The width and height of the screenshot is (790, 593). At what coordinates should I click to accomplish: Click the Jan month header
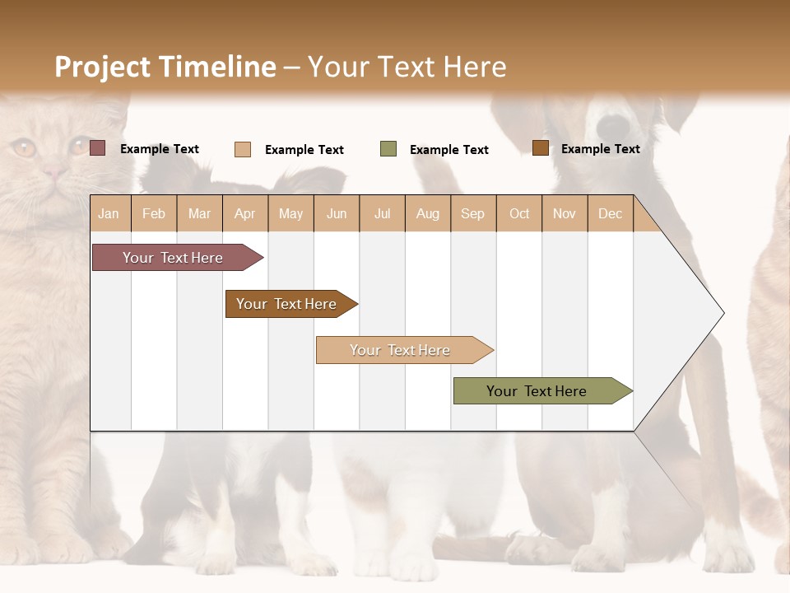point(109,214)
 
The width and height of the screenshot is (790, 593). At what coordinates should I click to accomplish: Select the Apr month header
point(244,214)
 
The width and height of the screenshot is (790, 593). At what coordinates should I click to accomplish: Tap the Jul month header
point(382,214)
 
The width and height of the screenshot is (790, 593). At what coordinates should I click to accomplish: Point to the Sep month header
point(472,214)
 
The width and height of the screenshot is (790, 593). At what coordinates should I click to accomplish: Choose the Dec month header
point(610,214)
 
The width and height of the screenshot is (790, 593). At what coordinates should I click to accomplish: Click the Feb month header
point(154,214)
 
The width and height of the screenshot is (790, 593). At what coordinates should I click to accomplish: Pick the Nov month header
point(564,214)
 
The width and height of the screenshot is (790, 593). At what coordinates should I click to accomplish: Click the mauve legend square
point(98,148)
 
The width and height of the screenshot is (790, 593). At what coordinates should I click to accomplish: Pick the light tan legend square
point(243,149)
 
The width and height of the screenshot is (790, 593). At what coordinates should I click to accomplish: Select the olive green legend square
point(388,149)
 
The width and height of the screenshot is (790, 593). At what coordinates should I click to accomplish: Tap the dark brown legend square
point(540,148)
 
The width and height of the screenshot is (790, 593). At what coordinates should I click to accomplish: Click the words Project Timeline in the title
point(165,67)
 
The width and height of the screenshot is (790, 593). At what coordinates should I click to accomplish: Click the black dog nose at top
point(612,126)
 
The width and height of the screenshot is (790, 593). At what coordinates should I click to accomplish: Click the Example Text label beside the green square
point(448,150)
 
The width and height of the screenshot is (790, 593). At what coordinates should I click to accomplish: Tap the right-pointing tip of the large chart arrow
point(722,313)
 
